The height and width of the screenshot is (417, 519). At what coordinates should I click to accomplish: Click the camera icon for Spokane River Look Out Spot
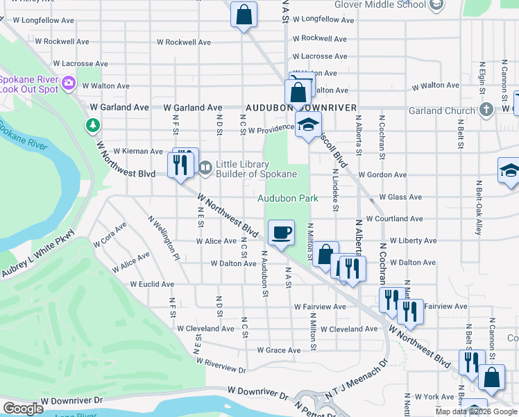coord(68,84)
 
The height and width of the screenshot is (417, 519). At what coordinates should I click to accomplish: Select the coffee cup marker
coord(281,233)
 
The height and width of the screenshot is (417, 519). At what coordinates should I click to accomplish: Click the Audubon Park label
coord(288,198)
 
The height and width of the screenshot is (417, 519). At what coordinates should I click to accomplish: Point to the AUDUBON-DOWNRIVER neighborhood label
coord(300,108)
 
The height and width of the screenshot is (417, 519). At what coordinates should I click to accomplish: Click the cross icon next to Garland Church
coord(486,110)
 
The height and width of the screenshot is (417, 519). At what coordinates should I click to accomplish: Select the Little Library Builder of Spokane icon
coord(205,167)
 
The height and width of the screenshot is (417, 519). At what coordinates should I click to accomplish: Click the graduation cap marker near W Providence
coord(307,126)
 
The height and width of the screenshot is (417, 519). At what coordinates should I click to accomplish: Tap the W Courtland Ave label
coord(394,218)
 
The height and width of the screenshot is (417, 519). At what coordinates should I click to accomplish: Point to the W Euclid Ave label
coord(152,284)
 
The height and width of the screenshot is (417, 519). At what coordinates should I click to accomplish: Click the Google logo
coord(23,409)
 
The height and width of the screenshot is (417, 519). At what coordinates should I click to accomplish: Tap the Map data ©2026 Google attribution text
coord(476,411)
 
